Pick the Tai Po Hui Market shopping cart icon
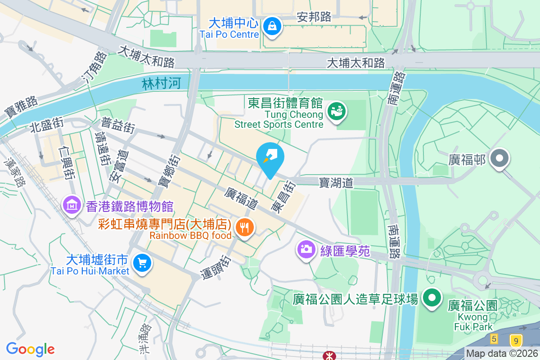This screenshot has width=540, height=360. pos(143,264)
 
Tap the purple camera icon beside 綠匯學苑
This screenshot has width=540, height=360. pos(306,250)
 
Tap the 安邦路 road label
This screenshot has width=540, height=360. pos(314,17)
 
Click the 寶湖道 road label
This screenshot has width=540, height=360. pos(336,182)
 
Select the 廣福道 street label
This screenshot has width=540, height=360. pos(241,198)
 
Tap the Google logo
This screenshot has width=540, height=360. pos(31,349)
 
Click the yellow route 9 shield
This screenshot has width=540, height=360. pos(516,340)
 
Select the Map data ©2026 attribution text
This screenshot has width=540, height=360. pos(502,354)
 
